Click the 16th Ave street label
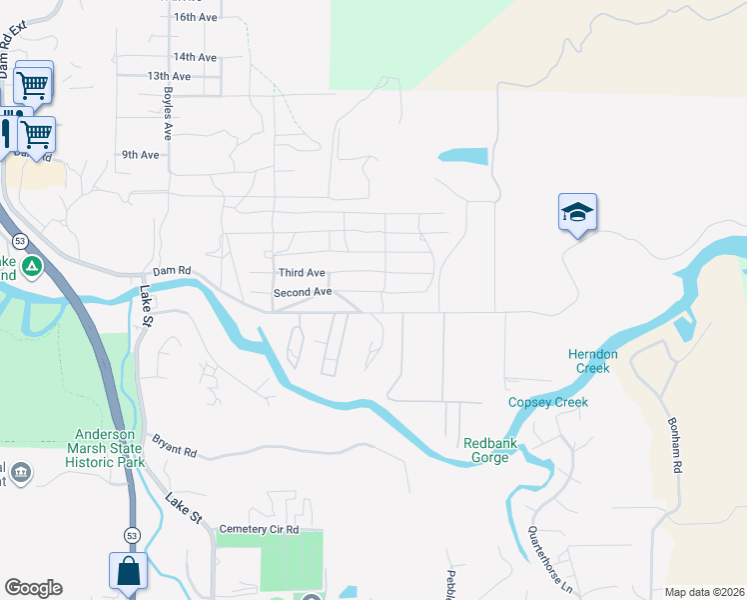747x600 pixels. (x=195, y=18)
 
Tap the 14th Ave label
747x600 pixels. (x=195, y=57)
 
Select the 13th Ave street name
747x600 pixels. (x=169, y=76)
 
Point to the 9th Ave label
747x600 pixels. (x=141, y=155)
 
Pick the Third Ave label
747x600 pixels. (x=302, y=273)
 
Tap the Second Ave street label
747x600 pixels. (x=303, y=292)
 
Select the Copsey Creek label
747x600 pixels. (x=548, y=402)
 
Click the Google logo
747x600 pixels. (x=33, y=588)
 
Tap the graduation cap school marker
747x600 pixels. (x=577, y=213)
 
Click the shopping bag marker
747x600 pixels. (x=128, y=572)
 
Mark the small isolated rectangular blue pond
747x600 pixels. (x=463, y=156)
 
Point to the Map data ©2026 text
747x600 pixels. (x=704, y=592)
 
